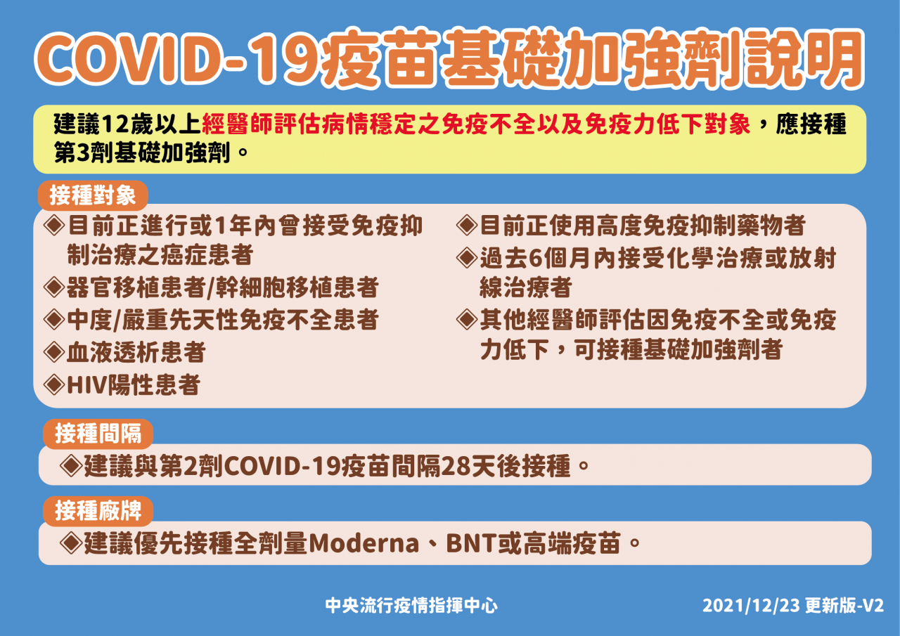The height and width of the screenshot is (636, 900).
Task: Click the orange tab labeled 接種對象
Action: tap(93, 195)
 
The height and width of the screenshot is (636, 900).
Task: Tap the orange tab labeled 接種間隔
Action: tap(98, 434)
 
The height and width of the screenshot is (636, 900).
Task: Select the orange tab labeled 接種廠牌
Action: tap(98, 511)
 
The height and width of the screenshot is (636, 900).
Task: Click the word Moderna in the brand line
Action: tap(364, 544)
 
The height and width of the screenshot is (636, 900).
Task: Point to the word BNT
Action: tap(472, 544)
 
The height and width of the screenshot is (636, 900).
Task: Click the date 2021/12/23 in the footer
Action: tap(751, 606)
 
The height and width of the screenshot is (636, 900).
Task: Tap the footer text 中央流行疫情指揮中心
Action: tap(411, 606)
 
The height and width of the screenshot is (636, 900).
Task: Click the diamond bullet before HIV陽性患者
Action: tap(54, 384)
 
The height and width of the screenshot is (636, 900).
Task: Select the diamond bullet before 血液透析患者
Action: tap(54, 352)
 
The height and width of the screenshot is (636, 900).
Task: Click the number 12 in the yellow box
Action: tap(116, 124)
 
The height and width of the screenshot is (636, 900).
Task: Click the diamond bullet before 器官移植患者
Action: tap(54, 287)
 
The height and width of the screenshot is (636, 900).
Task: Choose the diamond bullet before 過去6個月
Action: tap(467, 257)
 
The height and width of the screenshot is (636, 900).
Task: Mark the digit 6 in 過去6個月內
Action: tap(536, 258)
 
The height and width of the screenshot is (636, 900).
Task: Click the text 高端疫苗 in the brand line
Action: tap(571, 543)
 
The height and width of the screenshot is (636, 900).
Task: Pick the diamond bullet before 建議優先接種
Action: tap(71, 543)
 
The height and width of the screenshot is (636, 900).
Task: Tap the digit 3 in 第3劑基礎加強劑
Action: tap(83, 153)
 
